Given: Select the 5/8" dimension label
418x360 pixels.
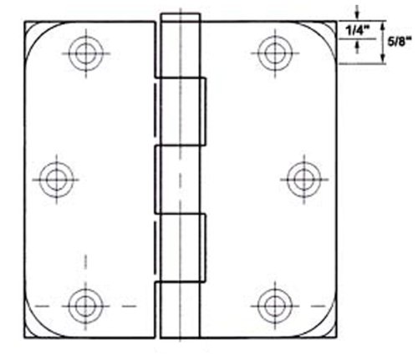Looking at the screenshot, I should pyautogui.click(x=397, y=40).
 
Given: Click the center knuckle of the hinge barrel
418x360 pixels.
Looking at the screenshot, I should pyautogui.click(x=179, y=177).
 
